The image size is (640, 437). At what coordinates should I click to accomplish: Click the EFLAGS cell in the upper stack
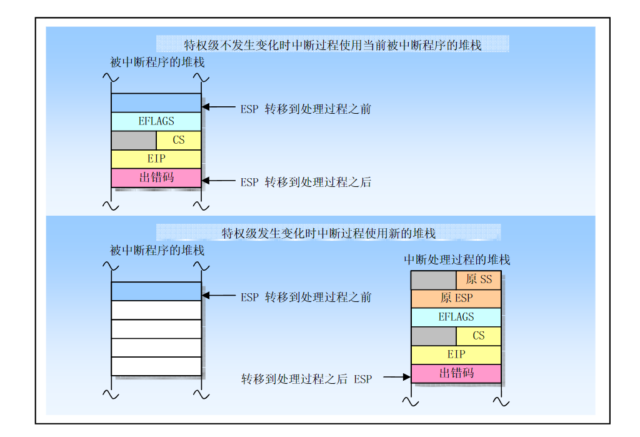pos(156,121)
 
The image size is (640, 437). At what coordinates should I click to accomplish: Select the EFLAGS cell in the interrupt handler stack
pos(456,317)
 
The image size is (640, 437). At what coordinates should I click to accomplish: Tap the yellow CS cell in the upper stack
pos(178,140)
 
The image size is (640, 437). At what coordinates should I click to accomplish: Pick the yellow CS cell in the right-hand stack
pos(478,336)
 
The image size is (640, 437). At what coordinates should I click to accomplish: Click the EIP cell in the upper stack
pos(156,159)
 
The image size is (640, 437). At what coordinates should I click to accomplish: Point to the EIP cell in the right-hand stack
pos(456,354)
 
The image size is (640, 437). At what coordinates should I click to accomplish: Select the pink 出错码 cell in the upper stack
pos(156,178)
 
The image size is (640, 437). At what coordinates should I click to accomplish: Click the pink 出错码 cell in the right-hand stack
pos(456,373)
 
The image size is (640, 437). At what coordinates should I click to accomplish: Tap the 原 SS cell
pos(478,279)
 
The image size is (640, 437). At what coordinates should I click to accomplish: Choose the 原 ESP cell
pos(456,299)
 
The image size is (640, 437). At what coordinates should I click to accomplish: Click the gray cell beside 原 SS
pos(434,279)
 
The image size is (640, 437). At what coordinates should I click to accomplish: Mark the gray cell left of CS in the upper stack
pos(134,140)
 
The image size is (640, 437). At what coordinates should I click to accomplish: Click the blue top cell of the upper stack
pos(156,103)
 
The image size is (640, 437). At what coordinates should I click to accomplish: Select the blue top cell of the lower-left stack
pos(156,291)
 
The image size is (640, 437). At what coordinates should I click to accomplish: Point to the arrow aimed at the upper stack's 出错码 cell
pos(219,181)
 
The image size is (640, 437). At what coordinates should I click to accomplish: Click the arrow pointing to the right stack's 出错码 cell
pos(397,377)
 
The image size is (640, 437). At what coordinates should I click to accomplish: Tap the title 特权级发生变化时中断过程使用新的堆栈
pos(329,233)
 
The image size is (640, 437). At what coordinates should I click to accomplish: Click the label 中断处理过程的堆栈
pos(457,259)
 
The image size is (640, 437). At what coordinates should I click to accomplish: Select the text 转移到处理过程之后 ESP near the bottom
pos(306,379)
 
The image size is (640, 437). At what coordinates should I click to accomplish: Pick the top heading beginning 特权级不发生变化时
pos(332,45)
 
